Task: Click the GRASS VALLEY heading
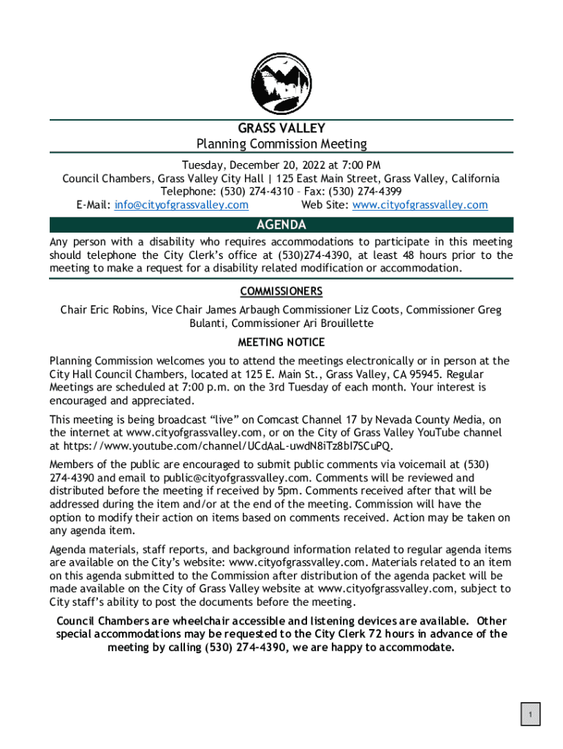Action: click(x=281, y=129)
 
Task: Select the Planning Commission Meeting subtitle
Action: click(x=281, y=144)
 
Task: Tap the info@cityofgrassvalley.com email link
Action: click(x=181, y=205)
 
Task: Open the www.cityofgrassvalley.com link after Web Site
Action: click(x=420, y=205)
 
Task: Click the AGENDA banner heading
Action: click(x=281, y=225)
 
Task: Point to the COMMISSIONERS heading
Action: click(x=281, y=292)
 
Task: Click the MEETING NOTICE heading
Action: click(x=281, y=342)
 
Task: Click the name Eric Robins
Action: click(x=118, y=310)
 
